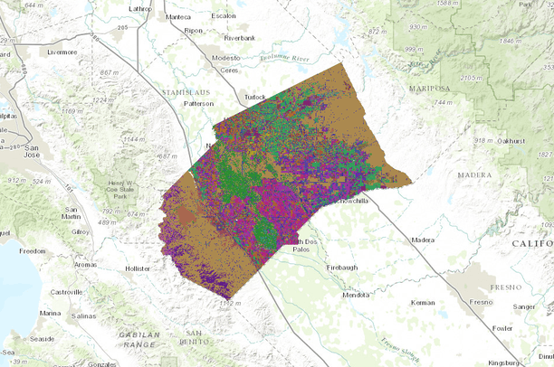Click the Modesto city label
click(x=225, y=57)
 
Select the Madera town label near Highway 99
click(x=423, y=240)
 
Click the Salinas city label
click(x=83, y=316)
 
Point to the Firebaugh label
click(x=344, y=268)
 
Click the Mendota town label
click(x=356, y=295)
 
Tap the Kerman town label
click(x=423, y=302)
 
